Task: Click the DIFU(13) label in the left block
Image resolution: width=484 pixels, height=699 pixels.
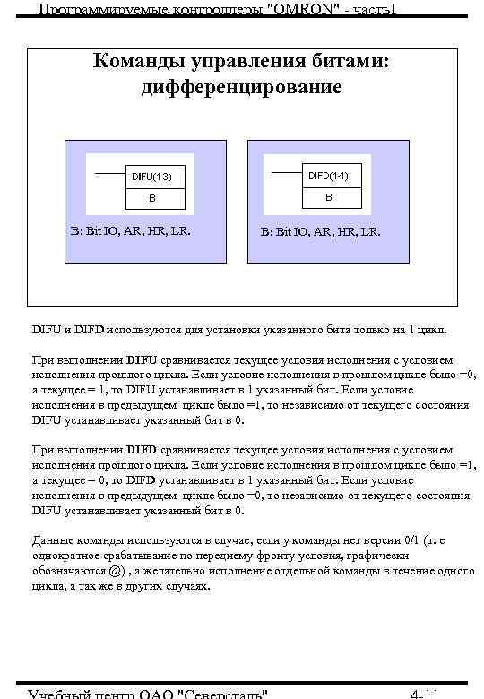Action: pyautogui.click(x=151, y=177)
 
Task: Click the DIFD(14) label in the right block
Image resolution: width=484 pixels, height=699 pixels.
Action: pyautogui.click(x=328, y=175)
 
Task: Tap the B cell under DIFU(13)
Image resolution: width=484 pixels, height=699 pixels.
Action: pyautogui.click(x=151, y=198)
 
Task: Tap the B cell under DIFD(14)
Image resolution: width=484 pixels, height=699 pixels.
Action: pyautogui.click(x=328, y=196)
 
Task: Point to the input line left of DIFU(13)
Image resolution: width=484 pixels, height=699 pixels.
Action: pyautogui.click(x=108, y=172)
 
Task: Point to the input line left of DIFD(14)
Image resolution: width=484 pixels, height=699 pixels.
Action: pyautogui.click(x=286, y=171)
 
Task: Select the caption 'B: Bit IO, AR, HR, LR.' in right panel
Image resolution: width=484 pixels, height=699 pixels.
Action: pyautogui.click(x=320, y=231)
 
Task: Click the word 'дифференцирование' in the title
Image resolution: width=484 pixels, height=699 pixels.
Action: pyautogui.click(x=241, y=87)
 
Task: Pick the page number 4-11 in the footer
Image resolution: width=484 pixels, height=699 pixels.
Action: pyautogui.click(x=423, y=693)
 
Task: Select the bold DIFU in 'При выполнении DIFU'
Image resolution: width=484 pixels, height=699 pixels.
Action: pyautogui.click(x=142, y=360)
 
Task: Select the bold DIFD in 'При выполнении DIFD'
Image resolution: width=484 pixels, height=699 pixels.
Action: pyautogui.click(x=142, y=449)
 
